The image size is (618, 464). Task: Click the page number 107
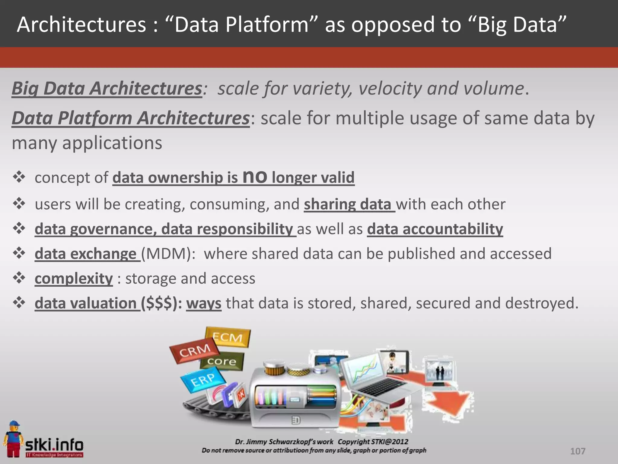(578, 451)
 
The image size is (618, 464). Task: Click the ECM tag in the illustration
(228, 337)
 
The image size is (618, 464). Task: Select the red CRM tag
(195, 351)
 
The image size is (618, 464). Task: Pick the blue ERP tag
(202, 380)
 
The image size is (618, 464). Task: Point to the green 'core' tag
(222, 361)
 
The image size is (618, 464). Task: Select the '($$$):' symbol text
(161, 303)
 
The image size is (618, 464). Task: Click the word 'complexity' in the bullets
(74, 279)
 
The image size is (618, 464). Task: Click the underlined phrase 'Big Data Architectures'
(107, 89)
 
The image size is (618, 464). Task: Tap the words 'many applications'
(87, 143)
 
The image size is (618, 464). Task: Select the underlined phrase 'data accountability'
(435, 229)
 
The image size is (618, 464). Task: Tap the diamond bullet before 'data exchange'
(19, 253)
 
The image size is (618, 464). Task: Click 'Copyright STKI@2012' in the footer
(373, 442)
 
